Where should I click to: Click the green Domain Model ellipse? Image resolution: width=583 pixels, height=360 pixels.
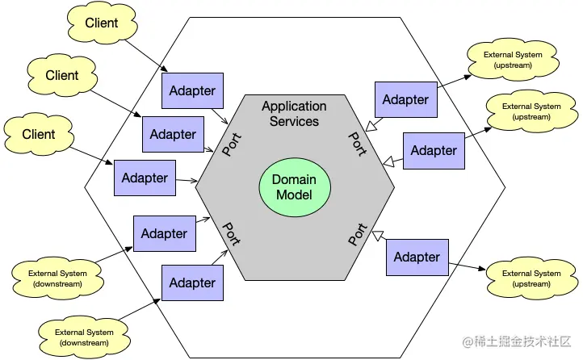tap(295, 187)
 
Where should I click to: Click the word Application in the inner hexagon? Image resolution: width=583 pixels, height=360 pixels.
tap(294, 107)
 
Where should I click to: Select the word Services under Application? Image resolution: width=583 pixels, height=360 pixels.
tap(294, 121)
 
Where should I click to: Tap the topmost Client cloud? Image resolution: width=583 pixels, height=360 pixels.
tap(102, 23)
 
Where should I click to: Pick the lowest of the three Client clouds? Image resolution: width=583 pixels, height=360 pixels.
tap(39, 134)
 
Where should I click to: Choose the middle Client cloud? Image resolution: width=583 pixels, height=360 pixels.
tap(62, 75)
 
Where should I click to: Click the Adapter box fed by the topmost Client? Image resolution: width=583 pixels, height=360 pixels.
tap(193, 90)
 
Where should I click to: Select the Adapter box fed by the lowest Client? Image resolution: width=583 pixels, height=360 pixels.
tap(145, 178)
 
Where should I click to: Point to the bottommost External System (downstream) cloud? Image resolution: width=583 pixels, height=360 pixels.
tap(84, 337)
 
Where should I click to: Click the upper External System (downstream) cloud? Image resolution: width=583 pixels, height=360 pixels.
tap(57, 278)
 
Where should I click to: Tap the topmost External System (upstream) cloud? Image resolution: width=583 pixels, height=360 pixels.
tap(513, 60)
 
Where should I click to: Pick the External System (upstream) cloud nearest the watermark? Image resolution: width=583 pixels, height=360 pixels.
tap(531, 278)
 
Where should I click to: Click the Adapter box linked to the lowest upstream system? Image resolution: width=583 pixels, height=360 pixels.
tap(417, 257)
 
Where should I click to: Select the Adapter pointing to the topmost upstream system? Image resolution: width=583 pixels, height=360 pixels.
tap(406, 99)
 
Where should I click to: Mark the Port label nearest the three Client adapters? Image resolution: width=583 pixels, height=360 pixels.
tap(232, 144)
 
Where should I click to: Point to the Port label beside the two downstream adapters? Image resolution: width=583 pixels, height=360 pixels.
tap(231, 234)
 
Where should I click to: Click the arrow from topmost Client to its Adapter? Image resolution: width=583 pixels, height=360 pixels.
tap(146, 56)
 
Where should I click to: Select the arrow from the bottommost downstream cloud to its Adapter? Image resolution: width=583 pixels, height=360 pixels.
tap(140, 309)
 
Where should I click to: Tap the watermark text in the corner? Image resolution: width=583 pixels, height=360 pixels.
tap(517, 341)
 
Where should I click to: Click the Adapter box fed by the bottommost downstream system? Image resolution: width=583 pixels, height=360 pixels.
tap(193, 283)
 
